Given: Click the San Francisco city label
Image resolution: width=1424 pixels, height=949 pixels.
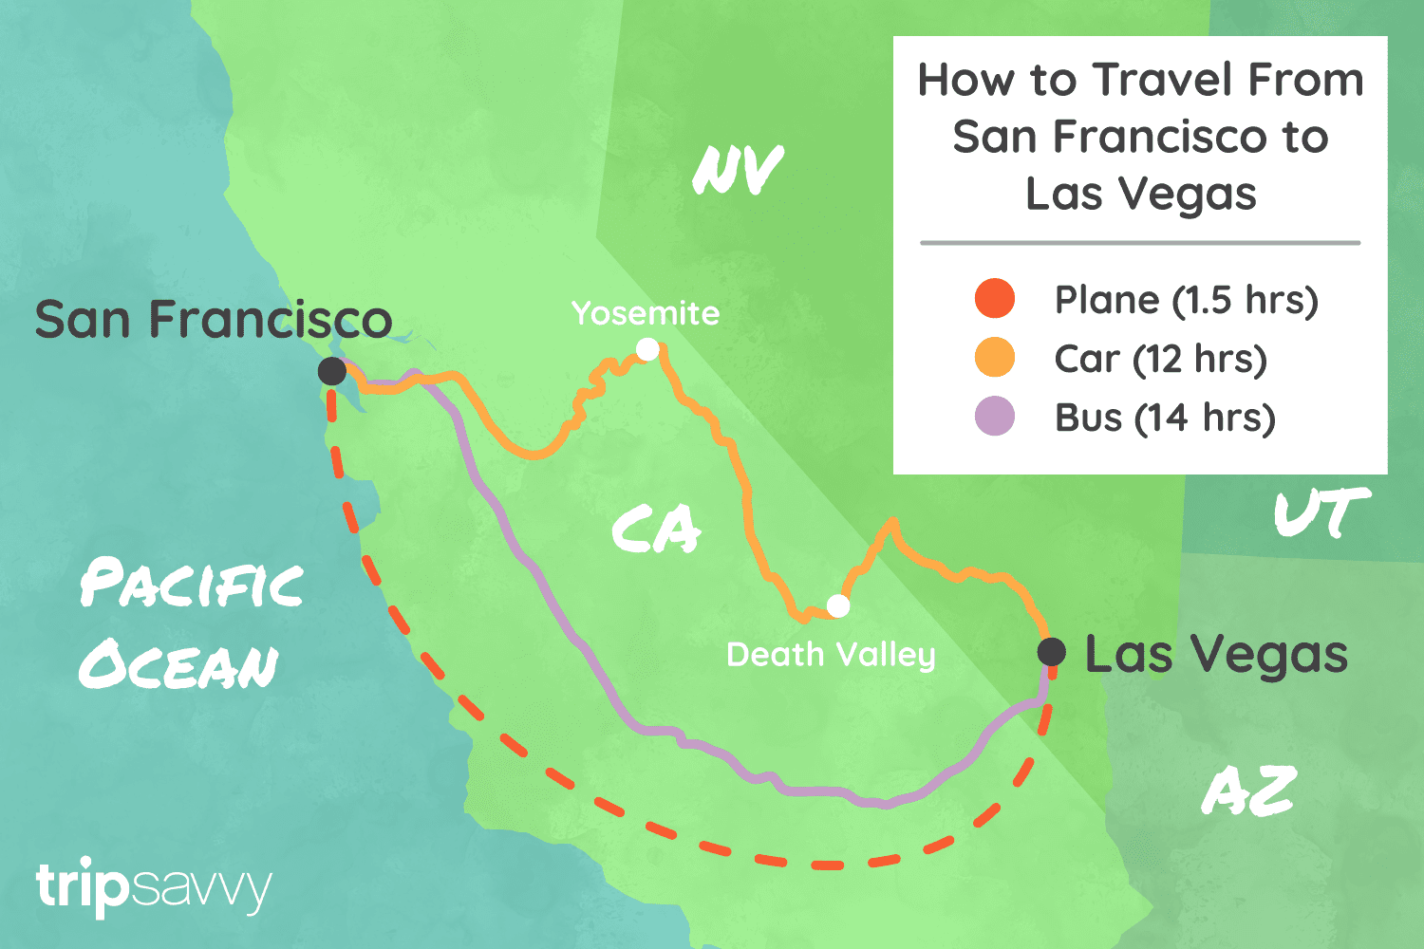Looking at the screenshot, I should (214, 320).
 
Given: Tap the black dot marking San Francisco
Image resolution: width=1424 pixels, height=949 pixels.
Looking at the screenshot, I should (331, 371).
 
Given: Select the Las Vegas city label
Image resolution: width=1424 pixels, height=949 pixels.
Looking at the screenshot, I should (1216, 655).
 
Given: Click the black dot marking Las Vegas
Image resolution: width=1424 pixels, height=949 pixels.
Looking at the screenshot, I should (1051, 652).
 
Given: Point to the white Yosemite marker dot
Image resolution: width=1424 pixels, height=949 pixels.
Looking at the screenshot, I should (647, 350).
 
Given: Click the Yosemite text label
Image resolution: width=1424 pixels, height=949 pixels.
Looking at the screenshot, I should (646, 313).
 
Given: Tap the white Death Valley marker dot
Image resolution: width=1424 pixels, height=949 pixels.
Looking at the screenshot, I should (838, 605).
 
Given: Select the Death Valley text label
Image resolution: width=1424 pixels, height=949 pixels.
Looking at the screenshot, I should (831, 655).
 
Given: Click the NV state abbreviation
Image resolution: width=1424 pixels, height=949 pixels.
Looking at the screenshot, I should (738, 171).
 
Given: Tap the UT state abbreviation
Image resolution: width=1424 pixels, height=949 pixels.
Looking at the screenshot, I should (1321, 514).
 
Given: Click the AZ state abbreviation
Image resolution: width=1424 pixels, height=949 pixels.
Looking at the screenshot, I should (1249, 791).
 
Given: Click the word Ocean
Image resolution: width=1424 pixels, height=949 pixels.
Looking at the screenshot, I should (178, 664).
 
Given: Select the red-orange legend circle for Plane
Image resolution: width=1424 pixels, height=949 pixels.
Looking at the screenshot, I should (995, 299).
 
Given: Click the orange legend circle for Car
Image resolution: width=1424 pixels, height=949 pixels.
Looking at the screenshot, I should (995, 358).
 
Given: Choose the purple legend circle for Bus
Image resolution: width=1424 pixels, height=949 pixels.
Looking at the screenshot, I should (995, 417).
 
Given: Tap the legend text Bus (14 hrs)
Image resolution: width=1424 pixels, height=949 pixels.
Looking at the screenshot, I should (1165, 418).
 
